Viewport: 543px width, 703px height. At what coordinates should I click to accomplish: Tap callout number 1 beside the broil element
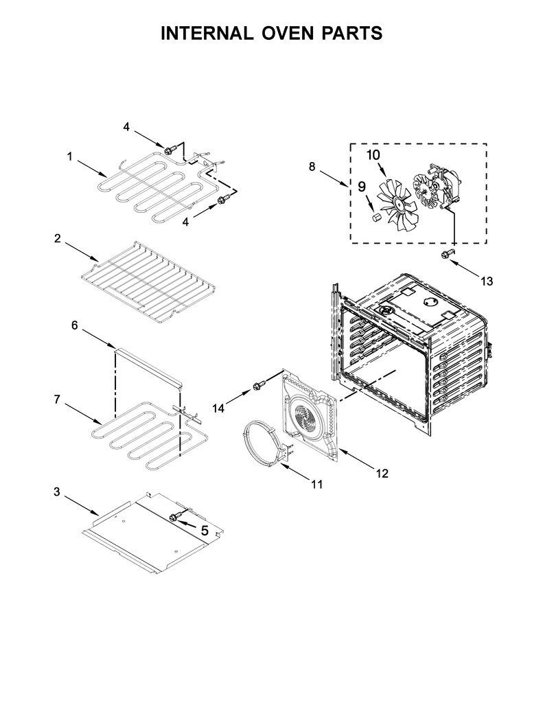[70, 157]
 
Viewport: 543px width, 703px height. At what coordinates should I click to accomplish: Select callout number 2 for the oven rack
[58, 238]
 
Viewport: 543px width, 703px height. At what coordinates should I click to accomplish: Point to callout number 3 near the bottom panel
[56, 492]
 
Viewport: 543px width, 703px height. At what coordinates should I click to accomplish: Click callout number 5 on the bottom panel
[204, 529]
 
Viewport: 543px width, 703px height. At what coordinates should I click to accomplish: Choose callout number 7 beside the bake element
[58, 398]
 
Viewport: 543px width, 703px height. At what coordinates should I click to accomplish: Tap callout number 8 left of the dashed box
[312, 166]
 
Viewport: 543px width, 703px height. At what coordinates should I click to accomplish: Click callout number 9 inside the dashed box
[361, 185]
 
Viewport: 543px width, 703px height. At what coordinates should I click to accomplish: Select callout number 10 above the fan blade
[373, 154]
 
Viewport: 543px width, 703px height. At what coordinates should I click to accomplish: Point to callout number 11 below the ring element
[316, 484]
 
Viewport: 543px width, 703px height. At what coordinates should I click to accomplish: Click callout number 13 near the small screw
[487, 281]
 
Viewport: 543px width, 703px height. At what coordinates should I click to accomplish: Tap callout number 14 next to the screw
[218, 408]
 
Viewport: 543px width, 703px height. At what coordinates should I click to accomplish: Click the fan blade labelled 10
[396, 203]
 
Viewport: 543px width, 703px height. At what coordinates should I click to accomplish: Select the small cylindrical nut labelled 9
[376, 218]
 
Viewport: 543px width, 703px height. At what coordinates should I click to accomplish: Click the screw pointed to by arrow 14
[259, 386]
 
